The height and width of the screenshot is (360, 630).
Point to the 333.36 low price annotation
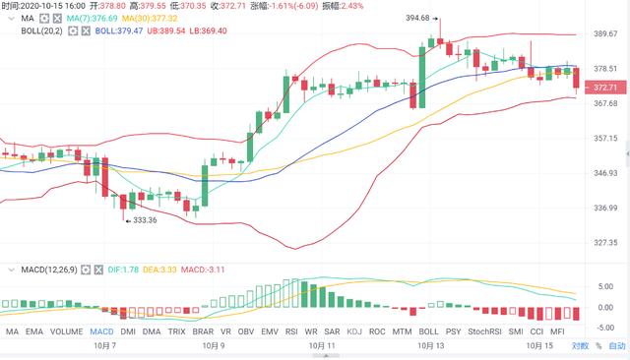point(142,220)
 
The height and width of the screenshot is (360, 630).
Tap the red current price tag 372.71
point(606,87)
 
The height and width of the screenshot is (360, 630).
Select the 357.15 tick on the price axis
point(606,138)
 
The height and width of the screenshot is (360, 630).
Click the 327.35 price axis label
point(606,242)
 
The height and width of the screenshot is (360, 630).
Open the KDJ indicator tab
point(353,332)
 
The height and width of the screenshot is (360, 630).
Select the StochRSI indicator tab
point(484,332)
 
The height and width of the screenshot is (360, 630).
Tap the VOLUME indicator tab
point(67,332)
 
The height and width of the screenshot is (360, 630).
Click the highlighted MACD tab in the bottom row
point(102,332)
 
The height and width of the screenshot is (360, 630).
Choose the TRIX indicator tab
point(177,332)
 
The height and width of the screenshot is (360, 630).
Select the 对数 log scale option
point(580,345)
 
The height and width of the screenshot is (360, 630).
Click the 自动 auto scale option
point(616,345)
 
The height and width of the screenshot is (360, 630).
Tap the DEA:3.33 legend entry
point(159,268)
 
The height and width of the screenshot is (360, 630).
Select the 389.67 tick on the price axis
point(606,34)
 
